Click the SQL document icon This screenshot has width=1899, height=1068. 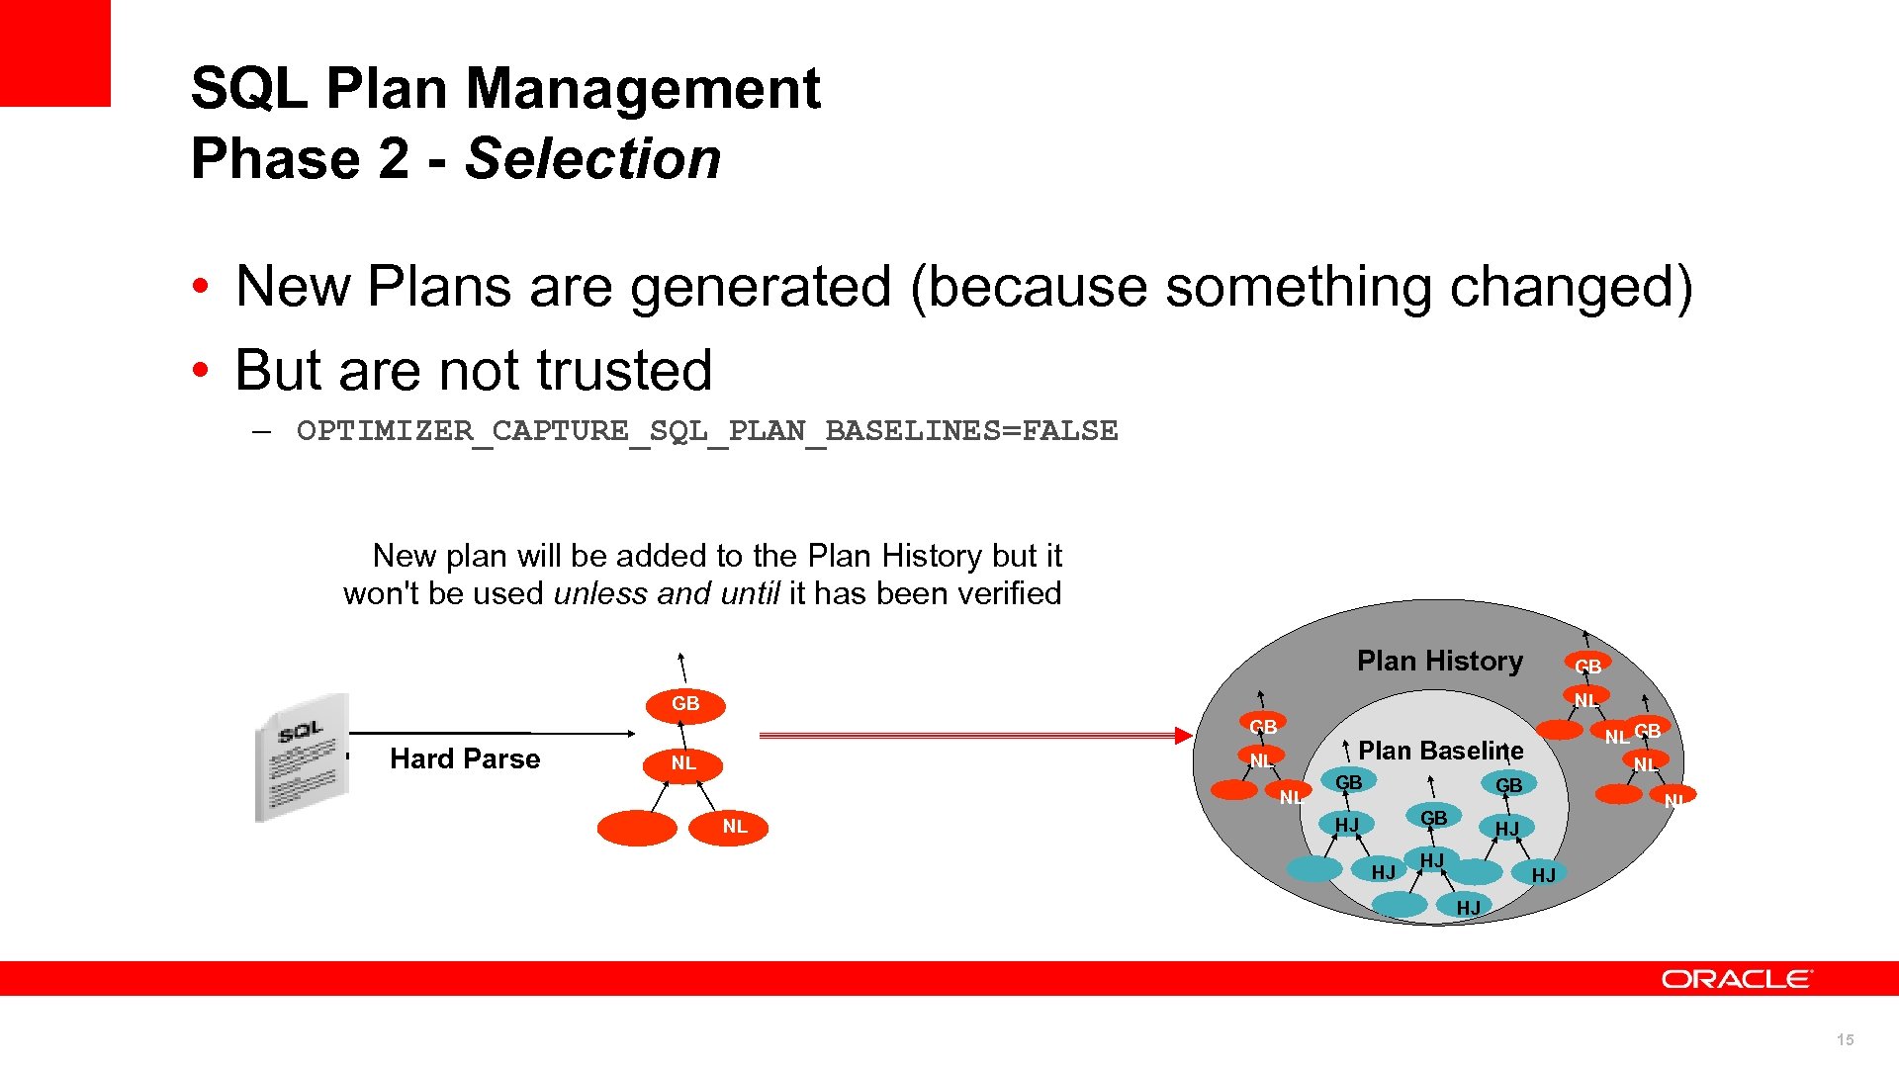303,757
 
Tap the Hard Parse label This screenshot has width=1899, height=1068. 465,758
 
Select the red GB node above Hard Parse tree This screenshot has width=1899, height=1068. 684,704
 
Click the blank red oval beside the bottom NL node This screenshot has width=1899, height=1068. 637,828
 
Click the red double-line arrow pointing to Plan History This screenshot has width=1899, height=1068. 974,735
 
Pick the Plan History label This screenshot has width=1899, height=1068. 1439,661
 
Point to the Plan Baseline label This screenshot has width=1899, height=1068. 1440,751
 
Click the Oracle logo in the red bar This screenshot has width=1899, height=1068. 1737,979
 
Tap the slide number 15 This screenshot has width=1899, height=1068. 1845,1039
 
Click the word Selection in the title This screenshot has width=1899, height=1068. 592,159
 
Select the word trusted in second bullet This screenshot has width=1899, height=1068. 624,371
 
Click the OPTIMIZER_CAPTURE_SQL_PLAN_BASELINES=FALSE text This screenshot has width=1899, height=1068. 707,431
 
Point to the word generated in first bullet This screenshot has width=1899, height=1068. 761,288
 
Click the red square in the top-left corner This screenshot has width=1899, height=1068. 54,52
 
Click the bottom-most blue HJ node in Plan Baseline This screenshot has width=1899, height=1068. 1468,907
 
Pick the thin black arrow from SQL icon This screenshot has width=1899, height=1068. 492,733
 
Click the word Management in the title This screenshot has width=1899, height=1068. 643,88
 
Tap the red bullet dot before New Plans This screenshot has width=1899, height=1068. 201,288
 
